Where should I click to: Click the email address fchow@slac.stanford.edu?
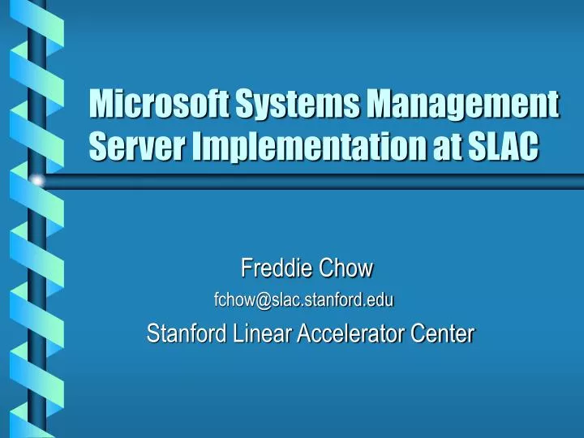click(x=303, y=300)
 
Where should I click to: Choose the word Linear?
click(x=260, y=333)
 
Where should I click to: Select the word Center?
click(x=446, y=333)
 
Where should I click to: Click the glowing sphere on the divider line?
click(x=36, y=180)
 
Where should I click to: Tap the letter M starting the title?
click(x=101, y=105)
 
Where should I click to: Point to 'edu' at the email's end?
click(x=381, y=300)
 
